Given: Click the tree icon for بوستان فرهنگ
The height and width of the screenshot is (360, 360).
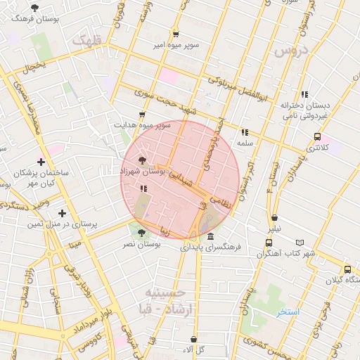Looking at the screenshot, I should click(x=35, y=8).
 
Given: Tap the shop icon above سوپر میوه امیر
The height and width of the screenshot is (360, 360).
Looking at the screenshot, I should click(x=175, y=34).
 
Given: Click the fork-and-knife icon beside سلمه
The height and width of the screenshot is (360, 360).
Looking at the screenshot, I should click(x=244, y=131).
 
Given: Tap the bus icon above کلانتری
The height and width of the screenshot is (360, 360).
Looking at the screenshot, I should click(x=318, y=136).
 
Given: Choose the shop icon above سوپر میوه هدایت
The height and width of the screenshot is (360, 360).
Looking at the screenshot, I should click(x=142, y=114).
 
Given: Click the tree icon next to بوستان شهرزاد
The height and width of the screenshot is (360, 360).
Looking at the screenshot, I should click(x=144, y=161).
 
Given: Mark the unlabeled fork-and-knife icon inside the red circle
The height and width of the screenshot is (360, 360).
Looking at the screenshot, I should click(x=143, y=188).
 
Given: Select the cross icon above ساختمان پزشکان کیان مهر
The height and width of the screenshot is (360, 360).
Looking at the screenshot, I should click(x=41, y=162).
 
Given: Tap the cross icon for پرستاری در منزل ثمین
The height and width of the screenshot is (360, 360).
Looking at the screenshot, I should click(x=63, y=213).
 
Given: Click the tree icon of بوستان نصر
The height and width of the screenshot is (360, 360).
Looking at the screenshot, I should click(x=142, y=233).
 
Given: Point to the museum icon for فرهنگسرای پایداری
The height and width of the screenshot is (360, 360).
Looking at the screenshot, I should click(x=211, y=237).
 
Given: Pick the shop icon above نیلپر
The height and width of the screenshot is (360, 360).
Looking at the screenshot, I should click(x=274, y=219).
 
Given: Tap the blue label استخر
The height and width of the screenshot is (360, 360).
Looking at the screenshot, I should click(x=288, y=311).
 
